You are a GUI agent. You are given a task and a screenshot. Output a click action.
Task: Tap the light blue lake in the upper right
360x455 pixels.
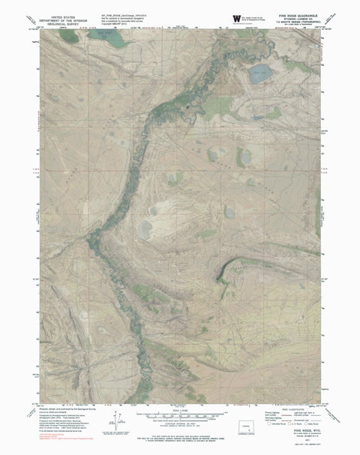(261, 73)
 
